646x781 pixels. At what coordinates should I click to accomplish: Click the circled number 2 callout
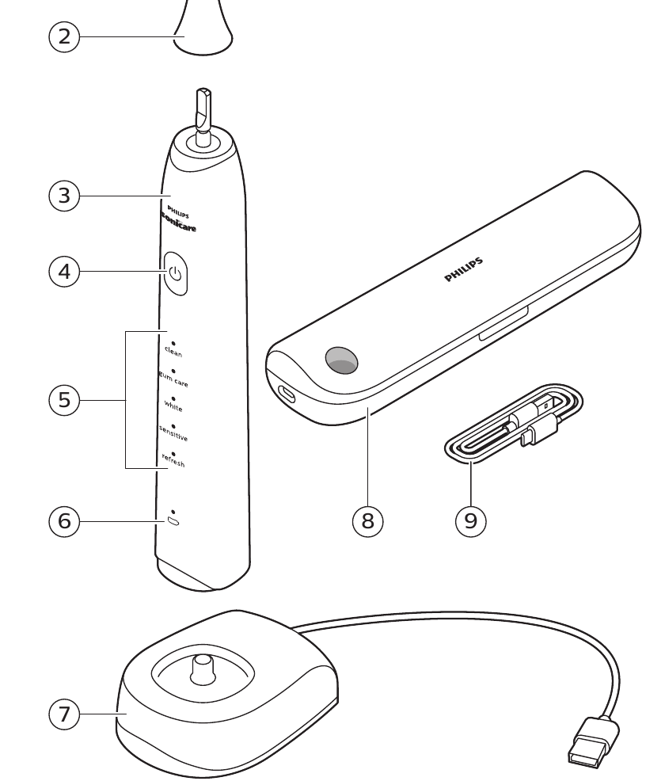point(64,36)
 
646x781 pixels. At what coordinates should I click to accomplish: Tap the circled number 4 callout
point(64,272)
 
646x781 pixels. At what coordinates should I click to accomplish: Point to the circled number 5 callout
point(64,399)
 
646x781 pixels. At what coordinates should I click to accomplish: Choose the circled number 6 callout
point(64,520)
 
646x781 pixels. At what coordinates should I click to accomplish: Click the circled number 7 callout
point(64,714)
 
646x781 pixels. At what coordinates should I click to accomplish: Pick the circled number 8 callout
point(367,520)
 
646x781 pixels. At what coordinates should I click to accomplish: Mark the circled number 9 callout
point(470,520)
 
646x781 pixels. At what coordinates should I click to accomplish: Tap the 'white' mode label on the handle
point(173,406)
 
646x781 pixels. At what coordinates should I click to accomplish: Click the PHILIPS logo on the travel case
point(463,270)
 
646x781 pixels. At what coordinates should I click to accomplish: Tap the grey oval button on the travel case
point(340,360)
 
